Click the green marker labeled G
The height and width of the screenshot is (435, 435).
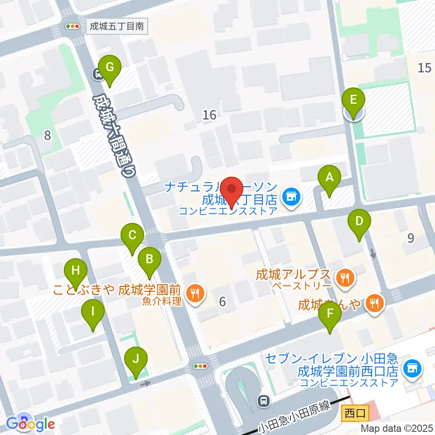pyautogui.click(x=109, y=68)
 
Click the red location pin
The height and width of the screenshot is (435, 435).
pyautogui.click(x=232, y=190)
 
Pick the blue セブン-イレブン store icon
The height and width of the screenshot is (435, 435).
pyautogui.click(x=411, y=367)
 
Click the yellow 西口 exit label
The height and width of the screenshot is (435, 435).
pyautogui.click(x=356, y=413)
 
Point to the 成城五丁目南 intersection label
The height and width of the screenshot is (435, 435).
pyautogui.click(x=116, y=26)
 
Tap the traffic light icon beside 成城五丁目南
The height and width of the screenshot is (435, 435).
pyautogui.click(x=72, y=26)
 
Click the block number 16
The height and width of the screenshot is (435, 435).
pyautogui.click(x=209, y=115)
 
